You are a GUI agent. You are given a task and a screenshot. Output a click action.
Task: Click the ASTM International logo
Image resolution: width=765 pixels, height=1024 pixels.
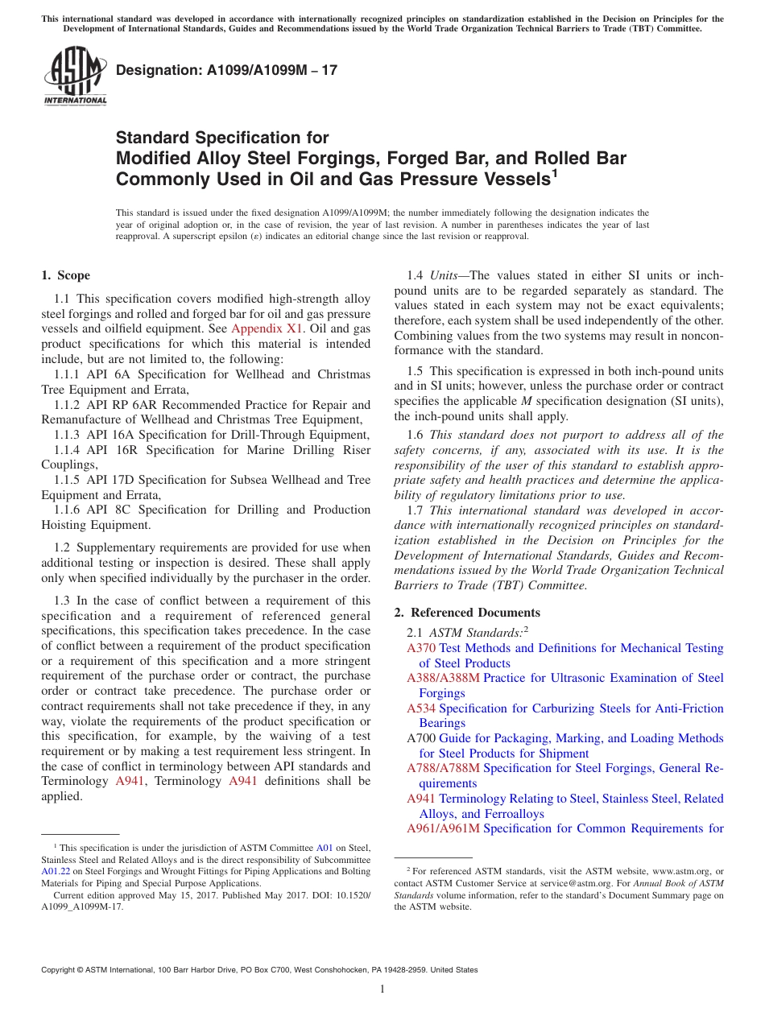click(x=75, y=77)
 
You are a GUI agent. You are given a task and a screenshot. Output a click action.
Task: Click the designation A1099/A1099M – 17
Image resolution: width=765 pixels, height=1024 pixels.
click(x=226, y=71)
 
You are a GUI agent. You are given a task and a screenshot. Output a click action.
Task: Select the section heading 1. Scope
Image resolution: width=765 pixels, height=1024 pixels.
click(x=66, y=275)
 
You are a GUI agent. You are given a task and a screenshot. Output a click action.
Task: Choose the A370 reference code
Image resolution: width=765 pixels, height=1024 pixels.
click(x=421, y=648)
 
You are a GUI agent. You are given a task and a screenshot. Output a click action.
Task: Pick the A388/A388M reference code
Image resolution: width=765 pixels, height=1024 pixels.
click(x=443, y=678)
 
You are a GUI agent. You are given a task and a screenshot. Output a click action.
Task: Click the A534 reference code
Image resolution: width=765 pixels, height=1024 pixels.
click(x=421, y=708)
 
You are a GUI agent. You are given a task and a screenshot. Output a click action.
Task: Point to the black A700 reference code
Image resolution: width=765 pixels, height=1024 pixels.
click(x=421, y=738)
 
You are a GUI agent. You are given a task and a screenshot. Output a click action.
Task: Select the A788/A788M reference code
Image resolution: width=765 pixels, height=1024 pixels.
click(x=443, y=768)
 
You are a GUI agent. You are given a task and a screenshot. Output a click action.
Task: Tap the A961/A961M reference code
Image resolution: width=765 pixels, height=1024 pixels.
click(x=443, y=828)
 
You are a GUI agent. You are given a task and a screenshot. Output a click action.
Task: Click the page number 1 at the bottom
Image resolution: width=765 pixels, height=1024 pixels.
click(x=382, y=989)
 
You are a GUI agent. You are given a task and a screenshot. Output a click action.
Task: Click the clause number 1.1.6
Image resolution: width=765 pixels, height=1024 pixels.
click(x=69, y=510)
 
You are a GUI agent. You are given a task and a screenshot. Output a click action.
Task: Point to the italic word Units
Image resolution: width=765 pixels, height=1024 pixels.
click(x=445, y=275)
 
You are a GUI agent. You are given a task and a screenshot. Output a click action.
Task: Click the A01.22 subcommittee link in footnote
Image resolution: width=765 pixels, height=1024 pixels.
click(x=56, y=871)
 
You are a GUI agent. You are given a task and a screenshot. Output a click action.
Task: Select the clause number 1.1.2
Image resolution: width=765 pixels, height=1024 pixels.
click(x=69, y=404)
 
